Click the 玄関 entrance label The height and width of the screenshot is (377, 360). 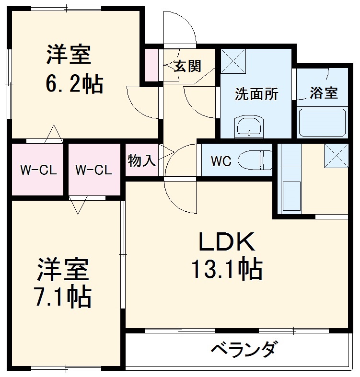(x=187, y=67)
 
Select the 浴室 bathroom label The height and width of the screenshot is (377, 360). (x=323, y=92)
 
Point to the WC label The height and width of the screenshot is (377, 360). (x=221, y=161)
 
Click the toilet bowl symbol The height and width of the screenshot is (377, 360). (x=259, y=160)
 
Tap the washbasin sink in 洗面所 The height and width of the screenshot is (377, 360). (x=248, y=127)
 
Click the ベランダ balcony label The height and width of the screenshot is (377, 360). (x=243, y=348)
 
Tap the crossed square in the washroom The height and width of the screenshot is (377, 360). (x=233, y=60)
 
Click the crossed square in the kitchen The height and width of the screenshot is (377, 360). (x=336, y=155)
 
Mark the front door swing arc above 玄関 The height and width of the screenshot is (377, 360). (x=180, y=26)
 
